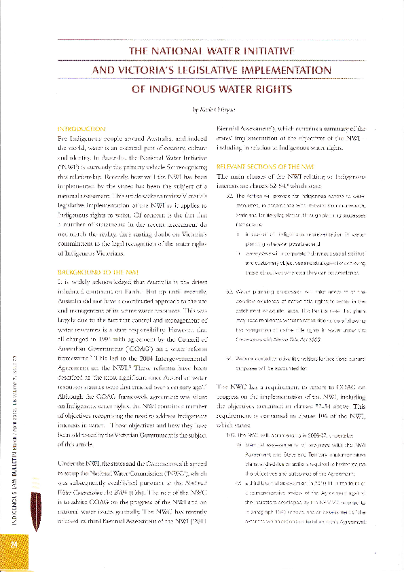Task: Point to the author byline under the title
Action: pos(214,109)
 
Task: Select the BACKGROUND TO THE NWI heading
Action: pos(93,270)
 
